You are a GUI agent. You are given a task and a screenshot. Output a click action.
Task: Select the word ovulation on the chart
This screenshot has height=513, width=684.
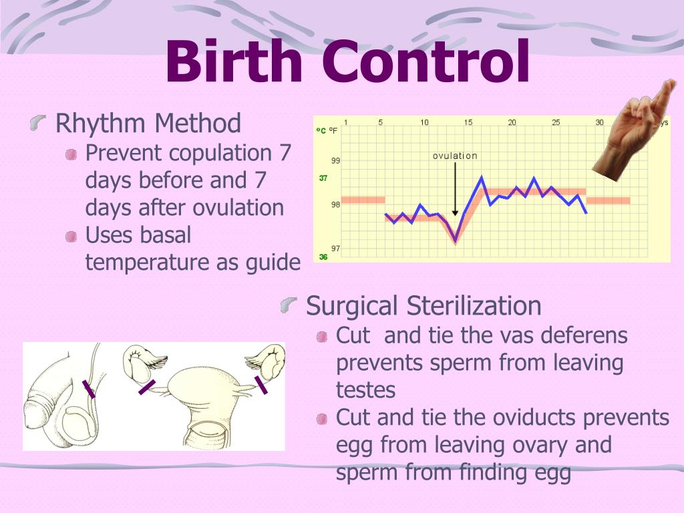pyautogui.click(x=455, y=156)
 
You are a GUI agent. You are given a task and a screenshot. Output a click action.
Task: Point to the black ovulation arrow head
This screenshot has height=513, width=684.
pyautogui.click(x=455, y=213)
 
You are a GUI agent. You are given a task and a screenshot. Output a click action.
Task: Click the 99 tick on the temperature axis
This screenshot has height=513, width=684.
pyautogui.click(x=335, y=160)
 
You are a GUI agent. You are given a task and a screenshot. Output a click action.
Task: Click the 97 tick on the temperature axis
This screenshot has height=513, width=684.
pyautogui.click(x=335, y=248)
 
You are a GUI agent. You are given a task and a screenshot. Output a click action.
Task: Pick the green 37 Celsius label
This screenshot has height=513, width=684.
pyautogui.click(x=323, y=178)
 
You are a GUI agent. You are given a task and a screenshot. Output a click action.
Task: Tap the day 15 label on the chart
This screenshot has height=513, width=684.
pyautogui.click(x=468, y=123)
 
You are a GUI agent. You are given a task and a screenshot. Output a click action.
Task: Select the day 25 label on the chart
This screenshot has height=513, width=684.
pyautogui.click(x=556, y=123)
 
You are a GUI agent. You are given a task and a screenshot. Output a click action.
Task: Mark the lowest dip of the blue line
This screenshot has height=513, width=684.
pyautogui.click(x=456, y=240)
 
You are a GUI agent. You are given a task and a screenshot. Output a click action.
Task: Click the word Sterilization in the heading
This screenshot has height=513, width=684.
pyautogui.click(x=474, y=305)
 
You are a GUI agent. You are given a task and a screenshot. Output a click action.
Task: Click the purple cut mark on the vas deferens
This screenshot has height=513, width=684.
pyautogui.click(x=89, y=389)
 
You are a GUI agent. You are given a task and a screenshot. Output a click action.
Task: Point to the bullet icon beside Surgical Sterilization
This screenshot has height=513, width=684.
pyautogui.click(x=289, y=305)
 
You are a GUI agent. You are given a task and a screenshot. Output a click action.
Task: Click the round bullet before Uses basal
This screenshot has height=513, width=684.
pyautogui.click(x=71, y=237)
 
